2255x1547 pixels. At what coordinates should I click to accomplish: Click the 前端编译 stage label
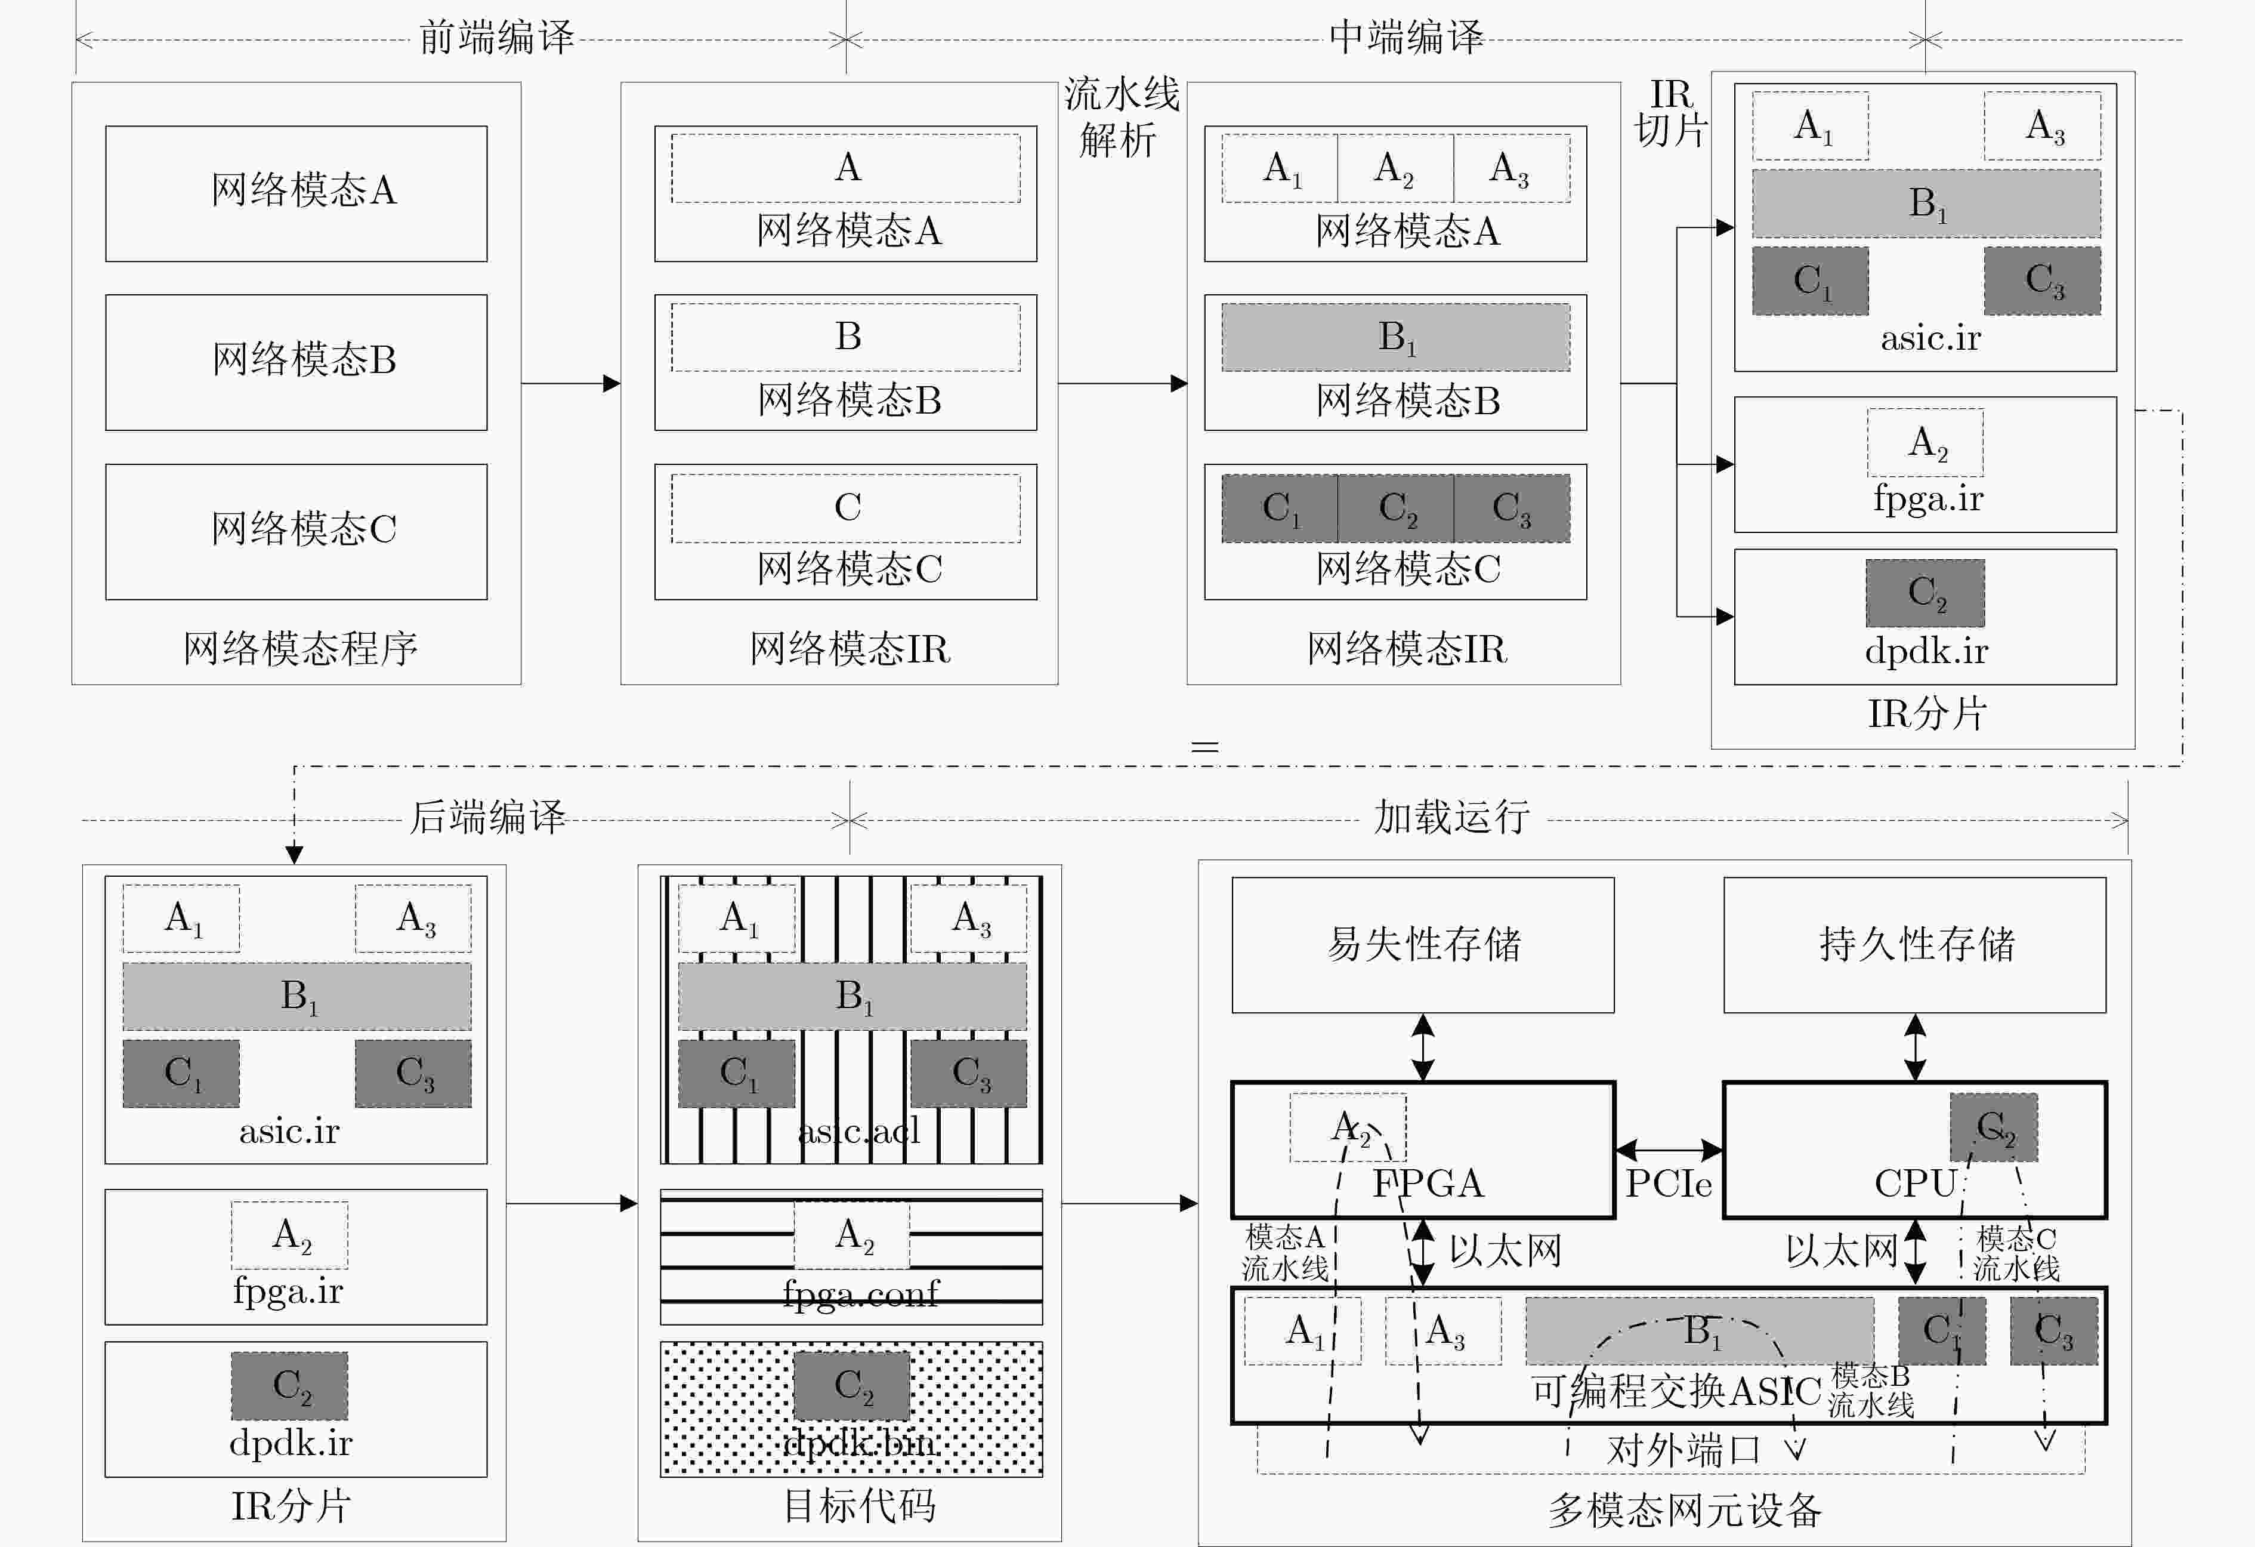(x=497, y=39)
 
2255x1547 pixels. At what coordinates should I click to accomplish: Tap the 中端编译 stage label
(x=1406, y=39)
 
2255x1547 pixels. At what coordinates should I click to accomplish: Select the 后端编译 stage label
(x=487, y=817)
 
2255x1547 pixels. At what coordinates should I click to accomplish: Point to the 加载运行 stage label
(x=1451, y=817)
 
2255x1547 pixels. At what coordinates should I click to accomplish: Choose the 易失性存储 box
(x=1422, y=944)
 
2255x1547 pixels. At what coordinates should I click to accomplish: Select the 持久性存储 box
(x=1914, y=944)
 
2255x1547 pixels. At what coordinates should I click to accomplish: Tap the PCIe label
(x=1669, y=1183)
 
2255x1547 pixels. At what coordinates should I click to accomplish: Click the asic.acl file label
(x=858, y=1130)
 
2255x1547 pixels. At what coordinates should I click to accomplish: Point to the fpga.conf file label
(x=861, y=1293)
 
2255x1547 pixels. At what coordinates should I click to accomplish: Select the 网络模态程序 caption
(x=300, y=648)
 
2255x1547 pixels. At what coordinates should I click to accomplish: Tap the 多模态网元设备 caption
(x=1685, y=1510)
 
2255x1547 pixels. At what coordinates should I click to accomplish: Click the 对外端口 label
(x=1683, y=1451)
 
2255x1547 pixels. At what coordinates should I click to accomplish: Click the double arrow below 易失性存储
(x=1422, y=1047)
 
